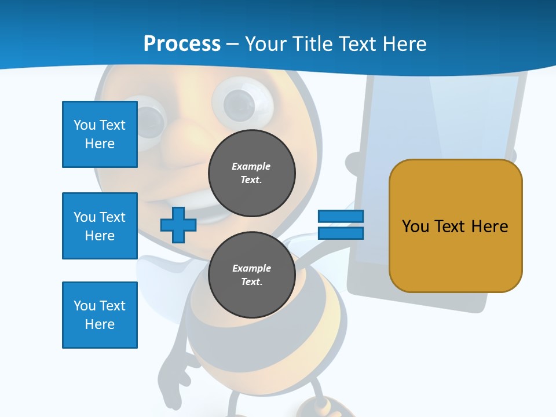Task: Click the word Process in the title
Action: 182,43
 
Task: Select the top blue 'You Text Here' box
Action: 100,134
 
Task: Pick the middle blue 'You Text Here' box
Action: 100,226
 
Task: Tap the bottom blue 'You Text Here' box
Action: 100,315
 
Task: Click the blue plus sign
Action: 178,225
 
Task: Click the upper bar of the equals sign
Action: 341,217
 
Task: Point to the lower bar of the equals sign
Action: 341,233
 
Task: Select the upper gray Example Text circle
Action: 251,173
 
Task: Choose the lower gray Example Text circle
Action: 251,275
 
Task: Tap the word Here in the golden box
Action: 489,226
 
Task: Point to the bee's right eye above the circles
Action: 240,104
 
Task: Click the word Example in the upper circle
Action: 251,166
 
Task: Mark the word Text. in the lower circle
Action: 251,282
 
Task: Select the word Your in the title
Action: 265,43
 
